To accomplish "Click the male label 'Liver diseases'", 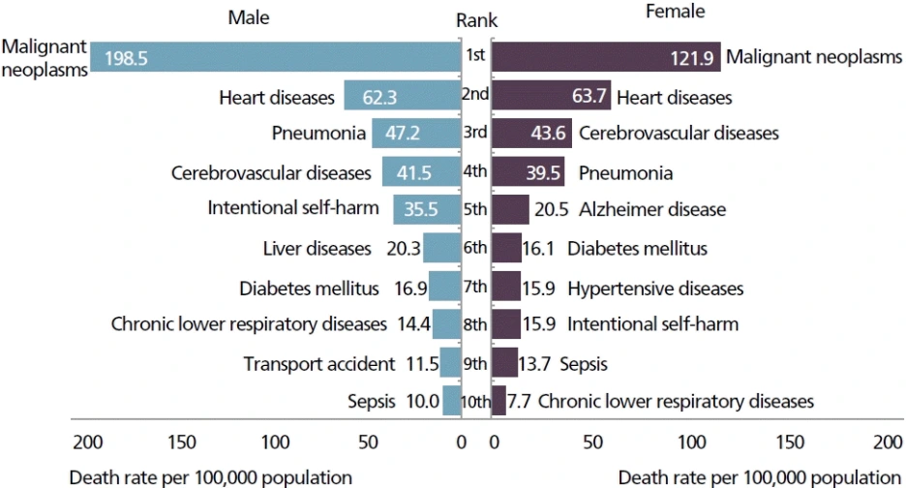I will pos(317,248).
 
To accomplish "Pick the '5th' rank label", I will pos(475,209).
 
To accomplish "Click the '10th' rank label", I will pos(476,401).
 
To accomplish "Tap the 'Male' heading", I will pos(249,17).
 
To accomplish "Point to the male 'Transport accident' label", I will pos(318,364).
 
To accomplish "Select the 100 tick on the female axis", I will pos(691,443).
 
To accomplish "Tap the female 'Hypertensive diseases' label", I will pos(655,288).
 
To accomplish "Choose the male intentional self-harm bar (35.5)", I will pos(426,209).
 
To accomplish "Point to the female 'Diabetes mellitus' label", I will pos(637,248).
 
